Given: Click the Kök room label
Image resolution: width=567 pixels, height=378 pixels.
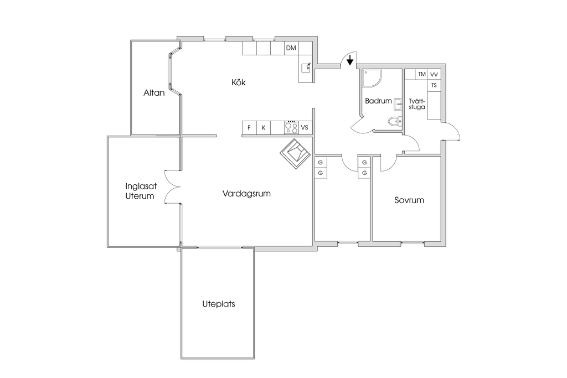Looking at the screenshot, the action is click(x=238, y=82).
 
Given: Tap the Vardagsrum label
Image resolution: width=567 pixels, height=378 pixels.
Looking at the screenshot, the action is click(x=246, y=194).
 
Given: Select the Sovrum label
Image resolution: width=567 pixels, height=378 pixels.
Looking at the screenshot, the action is click(x=409, y=200).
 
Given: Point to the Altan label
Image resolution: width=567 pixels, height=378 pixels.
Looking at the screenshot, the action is click(x=154, y=93).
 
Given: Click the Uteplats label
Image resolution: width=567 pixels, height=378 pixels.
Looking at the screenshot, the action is click(x=219, y=304).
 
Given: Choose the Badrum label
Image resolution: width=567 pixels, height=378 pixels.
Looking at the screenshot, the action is click(x=378, y=101).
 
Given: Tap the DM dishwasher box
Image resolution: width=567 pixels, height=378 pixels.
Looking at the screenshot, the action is click(x=291, y=48).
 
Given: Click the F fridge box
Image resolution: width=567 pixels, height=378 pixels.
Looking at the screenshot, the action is click(x=249, y=128).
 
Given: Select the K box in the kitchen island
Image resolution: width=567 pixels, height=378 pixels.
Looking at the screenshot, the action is click(x=264, y=128).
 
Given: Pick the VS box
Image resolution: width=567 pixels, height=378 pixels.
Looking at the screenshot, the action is click(x=305, y=128).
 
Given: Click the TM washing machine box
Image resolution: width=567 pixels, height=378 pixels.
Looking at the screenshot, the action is click(x=422, y=74).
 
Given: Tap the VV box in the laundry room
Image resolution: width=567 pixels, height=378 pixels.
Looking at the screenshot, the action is click(x=434, y=74).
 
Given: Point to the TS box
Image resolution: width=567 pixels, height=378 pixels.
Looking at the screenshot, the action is click(x=434, y=85).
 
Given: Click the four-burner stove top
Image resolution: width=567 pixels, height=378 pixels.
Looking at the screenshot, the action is click(x=291, y=128).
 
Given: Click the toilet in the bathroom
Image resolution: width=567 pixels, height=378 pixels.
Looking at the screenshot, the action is click(x=394, y=122).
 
